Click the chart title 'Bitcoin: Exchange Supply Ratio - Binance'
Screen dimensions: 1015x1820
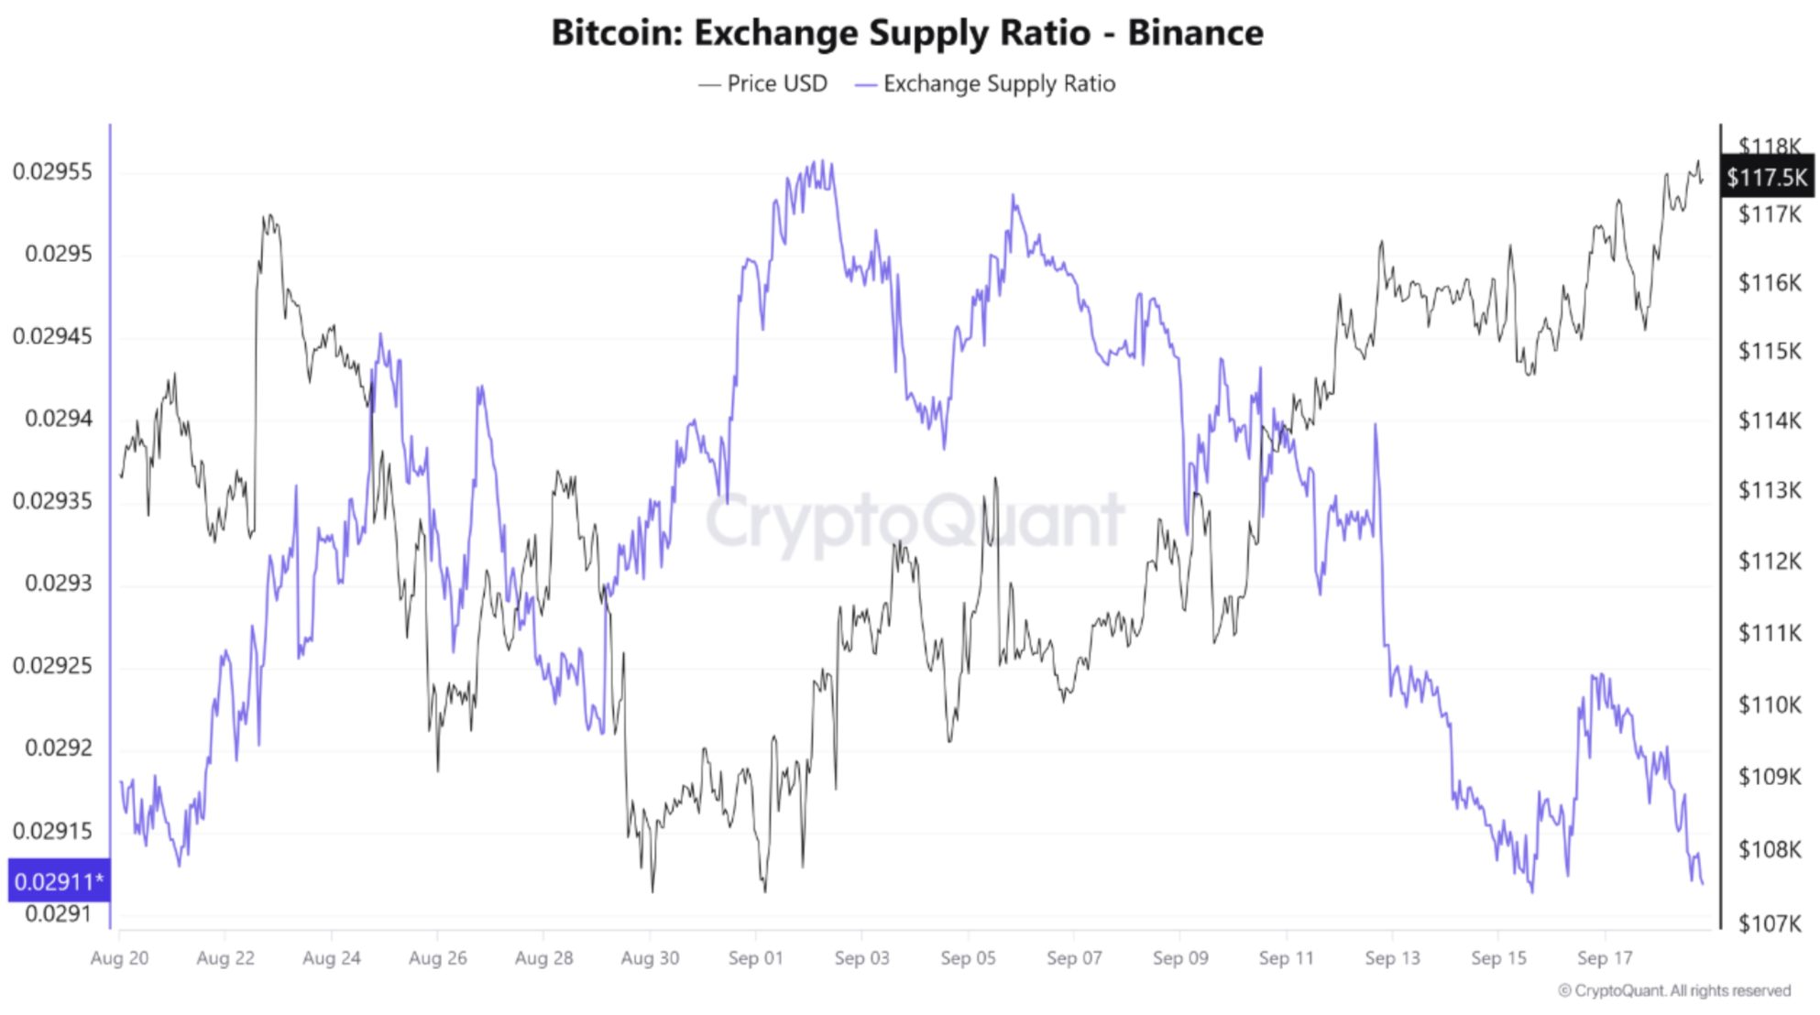tap(907, 33)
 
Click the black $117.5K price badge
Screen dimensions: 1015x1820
tap(1766, 177)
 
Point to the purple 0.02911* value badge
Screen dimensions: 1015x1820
tap(59, 881)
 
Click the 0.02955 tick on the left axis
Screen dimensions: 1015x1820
tap(52, 171)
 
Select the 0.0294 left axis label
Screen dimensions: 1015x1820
tap(58, 419)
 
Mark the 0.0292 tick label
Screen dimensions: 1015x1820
tap(58, 748)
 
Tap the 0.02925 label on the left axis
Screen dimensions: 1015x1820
tap(52, 665)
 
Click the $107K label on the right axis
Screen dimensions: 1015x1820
tap(1769, 922)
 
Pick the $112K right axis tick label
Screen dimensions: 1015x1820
tap(1769, 561)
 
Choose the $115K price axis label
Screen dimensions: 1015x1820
tap(1769, 351)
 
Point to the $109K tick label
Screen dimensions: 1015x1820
tap(1769, 777)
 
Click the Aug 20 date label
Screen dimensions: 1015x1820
tap(119, 958)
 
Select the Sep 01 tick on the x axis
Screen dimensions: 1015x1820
tap(755, 958)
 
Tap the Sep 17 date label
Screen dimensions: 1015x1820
tap(1605, 958)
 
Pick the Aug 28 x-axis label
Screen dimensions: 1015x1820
tap(543, 958)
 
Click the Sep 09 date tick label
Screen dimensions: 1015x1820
tap(1180, 958)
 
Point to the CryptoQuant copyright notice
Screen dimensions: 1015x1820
tap(1673, 991)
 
